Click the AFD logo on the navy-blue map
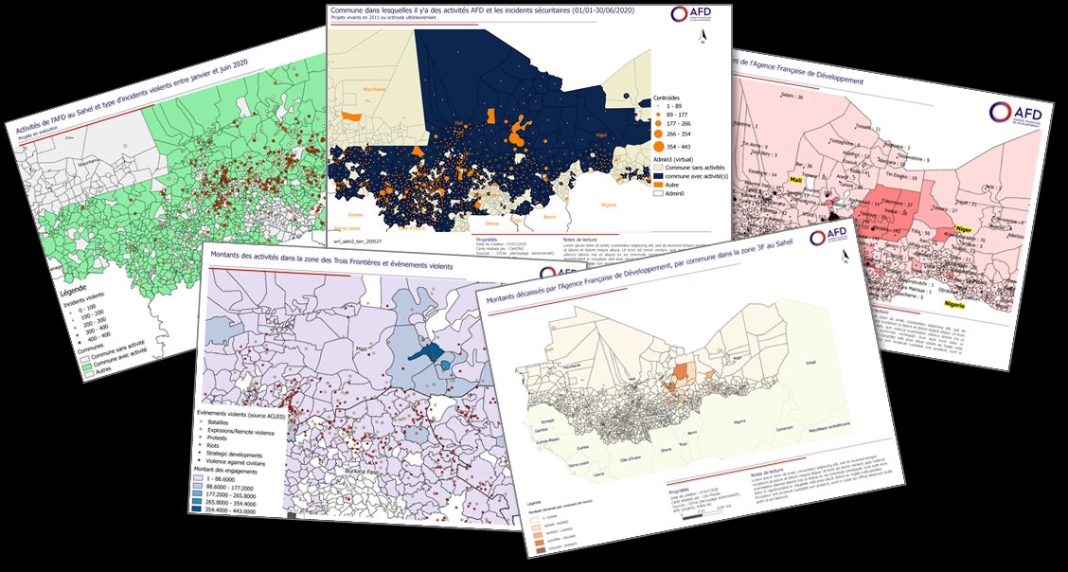[692, 15]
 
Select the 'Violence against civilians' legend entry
[249, 460]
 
